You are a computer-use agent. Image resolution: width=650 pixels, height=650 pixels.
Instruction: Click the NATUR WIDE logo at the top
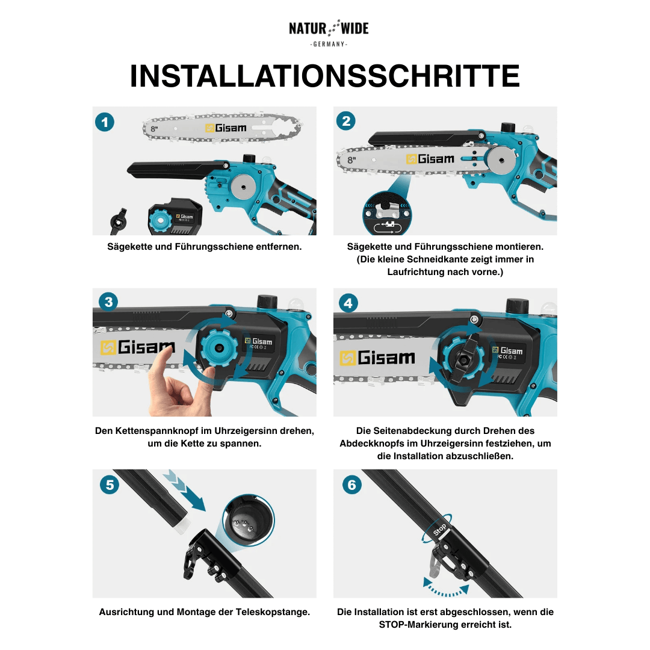328,29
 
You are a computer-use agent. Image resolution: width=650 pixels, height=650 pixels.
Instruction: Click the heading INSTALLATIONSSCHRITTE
325,76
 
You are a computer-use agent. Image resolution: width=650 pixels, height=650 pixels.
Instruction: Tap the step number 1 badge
105,123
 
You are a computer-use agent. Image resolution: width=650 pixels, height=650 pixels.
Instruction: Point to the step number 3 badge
108,302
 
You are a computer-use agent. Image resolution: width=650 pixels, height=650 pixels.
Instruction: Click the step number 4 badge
348,303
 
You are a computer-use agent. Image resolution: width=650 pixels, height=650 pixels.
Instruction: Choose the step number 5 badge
109,485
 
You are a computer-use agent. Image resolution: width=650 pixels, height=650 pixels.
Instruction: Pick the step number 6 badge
352,484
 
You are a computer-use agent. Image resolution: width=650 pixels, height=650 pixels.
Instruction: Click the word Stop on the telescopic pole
440,530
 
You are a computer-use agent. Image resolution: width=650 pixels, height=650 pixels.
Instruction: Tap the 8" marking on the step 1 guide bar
154,129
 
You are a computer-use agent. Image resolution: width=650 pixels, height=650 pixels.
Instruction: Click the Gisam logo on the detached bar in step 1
226,128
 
